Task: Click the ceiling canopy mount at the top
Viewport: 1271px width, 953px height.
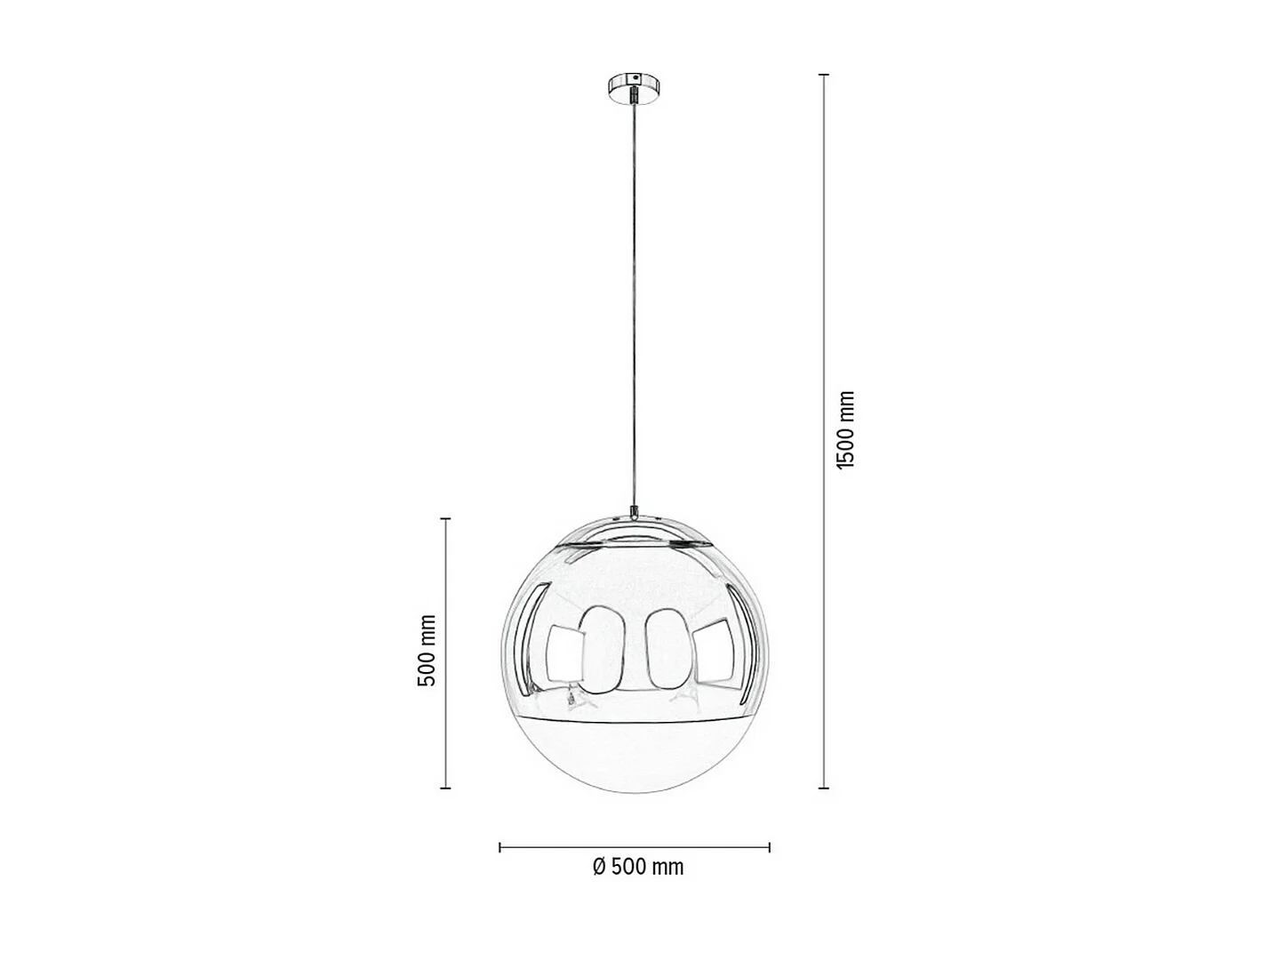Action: click(x=635, y=88)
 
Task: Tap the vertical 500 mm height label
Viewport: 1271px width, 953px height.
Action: click(x=427, y=651)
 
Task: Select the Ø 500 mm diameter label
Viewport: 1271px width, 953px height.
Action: click(x=638, y=867)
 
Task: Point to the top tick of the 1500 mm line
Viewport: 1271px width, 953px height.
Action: click(x=824, y=75)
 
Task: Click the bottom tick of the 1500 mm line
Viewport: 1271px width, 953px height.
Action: click(x=824, y=788)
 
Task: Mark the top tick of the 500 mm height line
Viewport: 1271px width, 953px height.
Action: click(x=446, y=518)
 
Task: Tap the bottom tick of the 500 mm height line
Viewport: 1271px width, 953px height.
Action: click(x=446, y=788)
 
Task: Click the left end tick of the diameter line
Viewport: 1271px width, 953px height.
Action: click(x=500, y=847)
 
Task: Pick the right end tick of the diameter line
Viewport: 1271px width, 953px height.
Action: click(x=770, y=847)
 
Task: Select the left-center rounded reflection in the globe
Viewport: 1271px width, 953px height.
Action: click(x=602, y=649)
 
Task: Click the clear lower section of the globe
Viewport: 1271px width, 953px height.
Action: click(x=635, y=756)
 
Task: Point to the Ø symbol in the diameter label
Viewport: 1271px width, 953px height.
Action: click(x=600, y=867)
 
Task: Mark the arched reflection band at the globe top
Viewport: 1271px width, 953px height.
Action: click(x=635, y=531)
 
